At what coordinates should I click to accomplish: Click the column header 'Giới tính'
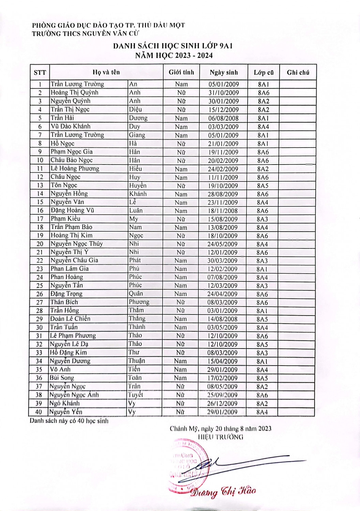(181, 72)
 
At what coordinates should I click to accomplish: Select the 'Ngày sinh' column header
(224, 72)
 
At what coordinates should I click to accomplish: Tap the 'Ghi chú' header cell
(298, 72)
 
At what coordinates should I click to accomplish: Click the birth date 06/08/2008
(223, 118)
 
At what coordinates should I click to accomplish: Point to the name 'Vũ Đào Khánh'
(71, 126)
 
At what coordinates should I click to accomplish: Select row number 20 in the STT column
(40, 244)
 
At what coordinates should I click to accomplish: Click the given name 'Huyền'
(138, 185)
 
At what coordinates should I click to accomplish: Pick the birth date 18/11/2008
(223, 211)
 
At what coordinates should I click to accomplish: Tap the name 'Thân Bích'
(64, 302)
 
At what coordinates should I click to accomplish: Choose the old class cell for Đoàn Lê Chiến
(262, 319)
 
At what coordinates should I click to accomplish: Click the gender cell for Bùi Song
(180, 378)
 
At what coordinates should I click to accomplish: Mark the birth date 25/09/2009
(222, 395)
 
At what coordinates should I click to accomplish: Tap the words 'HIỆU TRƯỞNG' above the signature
(221, 437)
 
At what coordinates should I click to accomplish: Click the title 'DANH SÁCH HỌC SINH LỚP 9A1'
(173, 46)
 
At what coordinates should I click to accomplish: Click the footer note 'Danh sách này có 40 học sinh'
(69, 421)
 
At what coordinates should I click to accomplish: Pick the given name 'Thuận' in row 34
(136, 361)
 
